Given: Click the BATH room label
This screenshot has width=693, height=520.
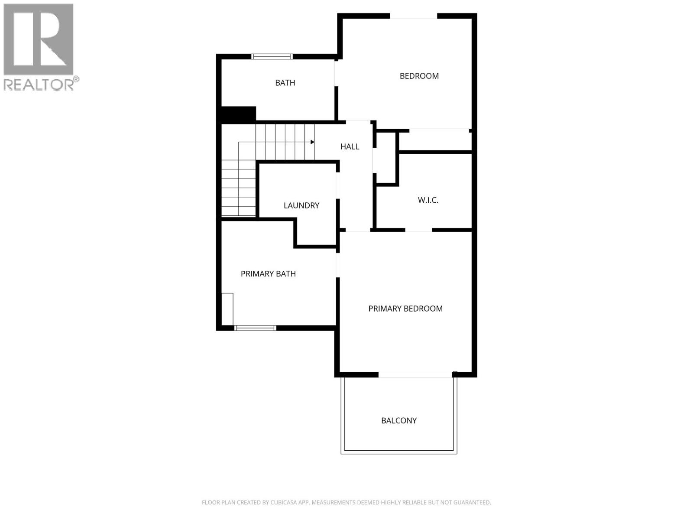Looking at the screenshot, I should tap(285, 83).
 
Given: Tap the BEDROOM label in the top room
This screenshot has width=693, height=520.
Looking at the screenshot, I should tap(419, 76).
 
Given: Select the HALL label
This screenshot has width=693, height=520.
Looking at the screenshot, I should tap(350, 146).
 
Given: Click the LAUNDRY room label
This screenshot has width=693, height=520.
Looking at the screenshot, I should tap(301, 205).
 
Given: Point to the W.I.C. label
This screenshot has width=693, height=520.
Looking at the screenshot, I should tap(428, 200).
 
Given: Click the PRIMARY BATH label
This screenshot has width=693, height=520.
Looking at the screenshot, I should tap(268, 274).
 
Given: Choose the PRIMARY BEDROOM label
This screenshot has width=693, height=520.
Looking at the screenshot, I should tap(405, 309).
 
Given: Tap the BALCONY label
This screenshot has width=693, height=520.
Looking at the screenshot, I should tap(399, 420).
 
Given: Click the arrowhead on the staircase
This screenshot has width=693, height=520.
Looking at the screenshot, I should tap(312, 142).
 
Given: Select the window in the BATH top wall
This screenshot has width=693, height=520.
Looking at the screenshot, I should tap(272, 56).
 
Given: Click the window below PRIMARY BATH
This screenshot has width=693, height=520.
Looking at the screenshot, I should tap(255, 328).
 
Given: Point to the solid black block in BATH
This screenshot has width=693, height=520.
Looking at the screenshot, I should tap(239, 114).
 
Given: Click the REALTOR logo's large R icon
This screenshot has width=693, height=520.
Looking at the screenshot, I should tap(38, 40).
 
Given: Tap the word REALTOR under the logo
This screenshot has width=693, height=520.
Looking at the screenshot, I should tap(39, 84).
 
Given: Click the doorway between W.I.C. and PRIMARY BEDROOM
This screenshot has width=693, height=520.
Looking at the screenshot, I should tap(418, 230).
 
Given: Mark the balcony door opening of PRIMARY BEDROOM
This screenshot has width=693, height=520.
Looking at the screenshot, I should tap(415, 374).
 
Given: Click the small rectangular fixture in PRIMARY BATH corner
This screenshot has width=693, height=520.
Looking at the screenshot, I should tap(227, 309).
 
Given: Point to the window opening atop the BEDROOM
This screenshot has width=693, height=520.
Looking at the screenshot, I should tap(413, 16).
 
